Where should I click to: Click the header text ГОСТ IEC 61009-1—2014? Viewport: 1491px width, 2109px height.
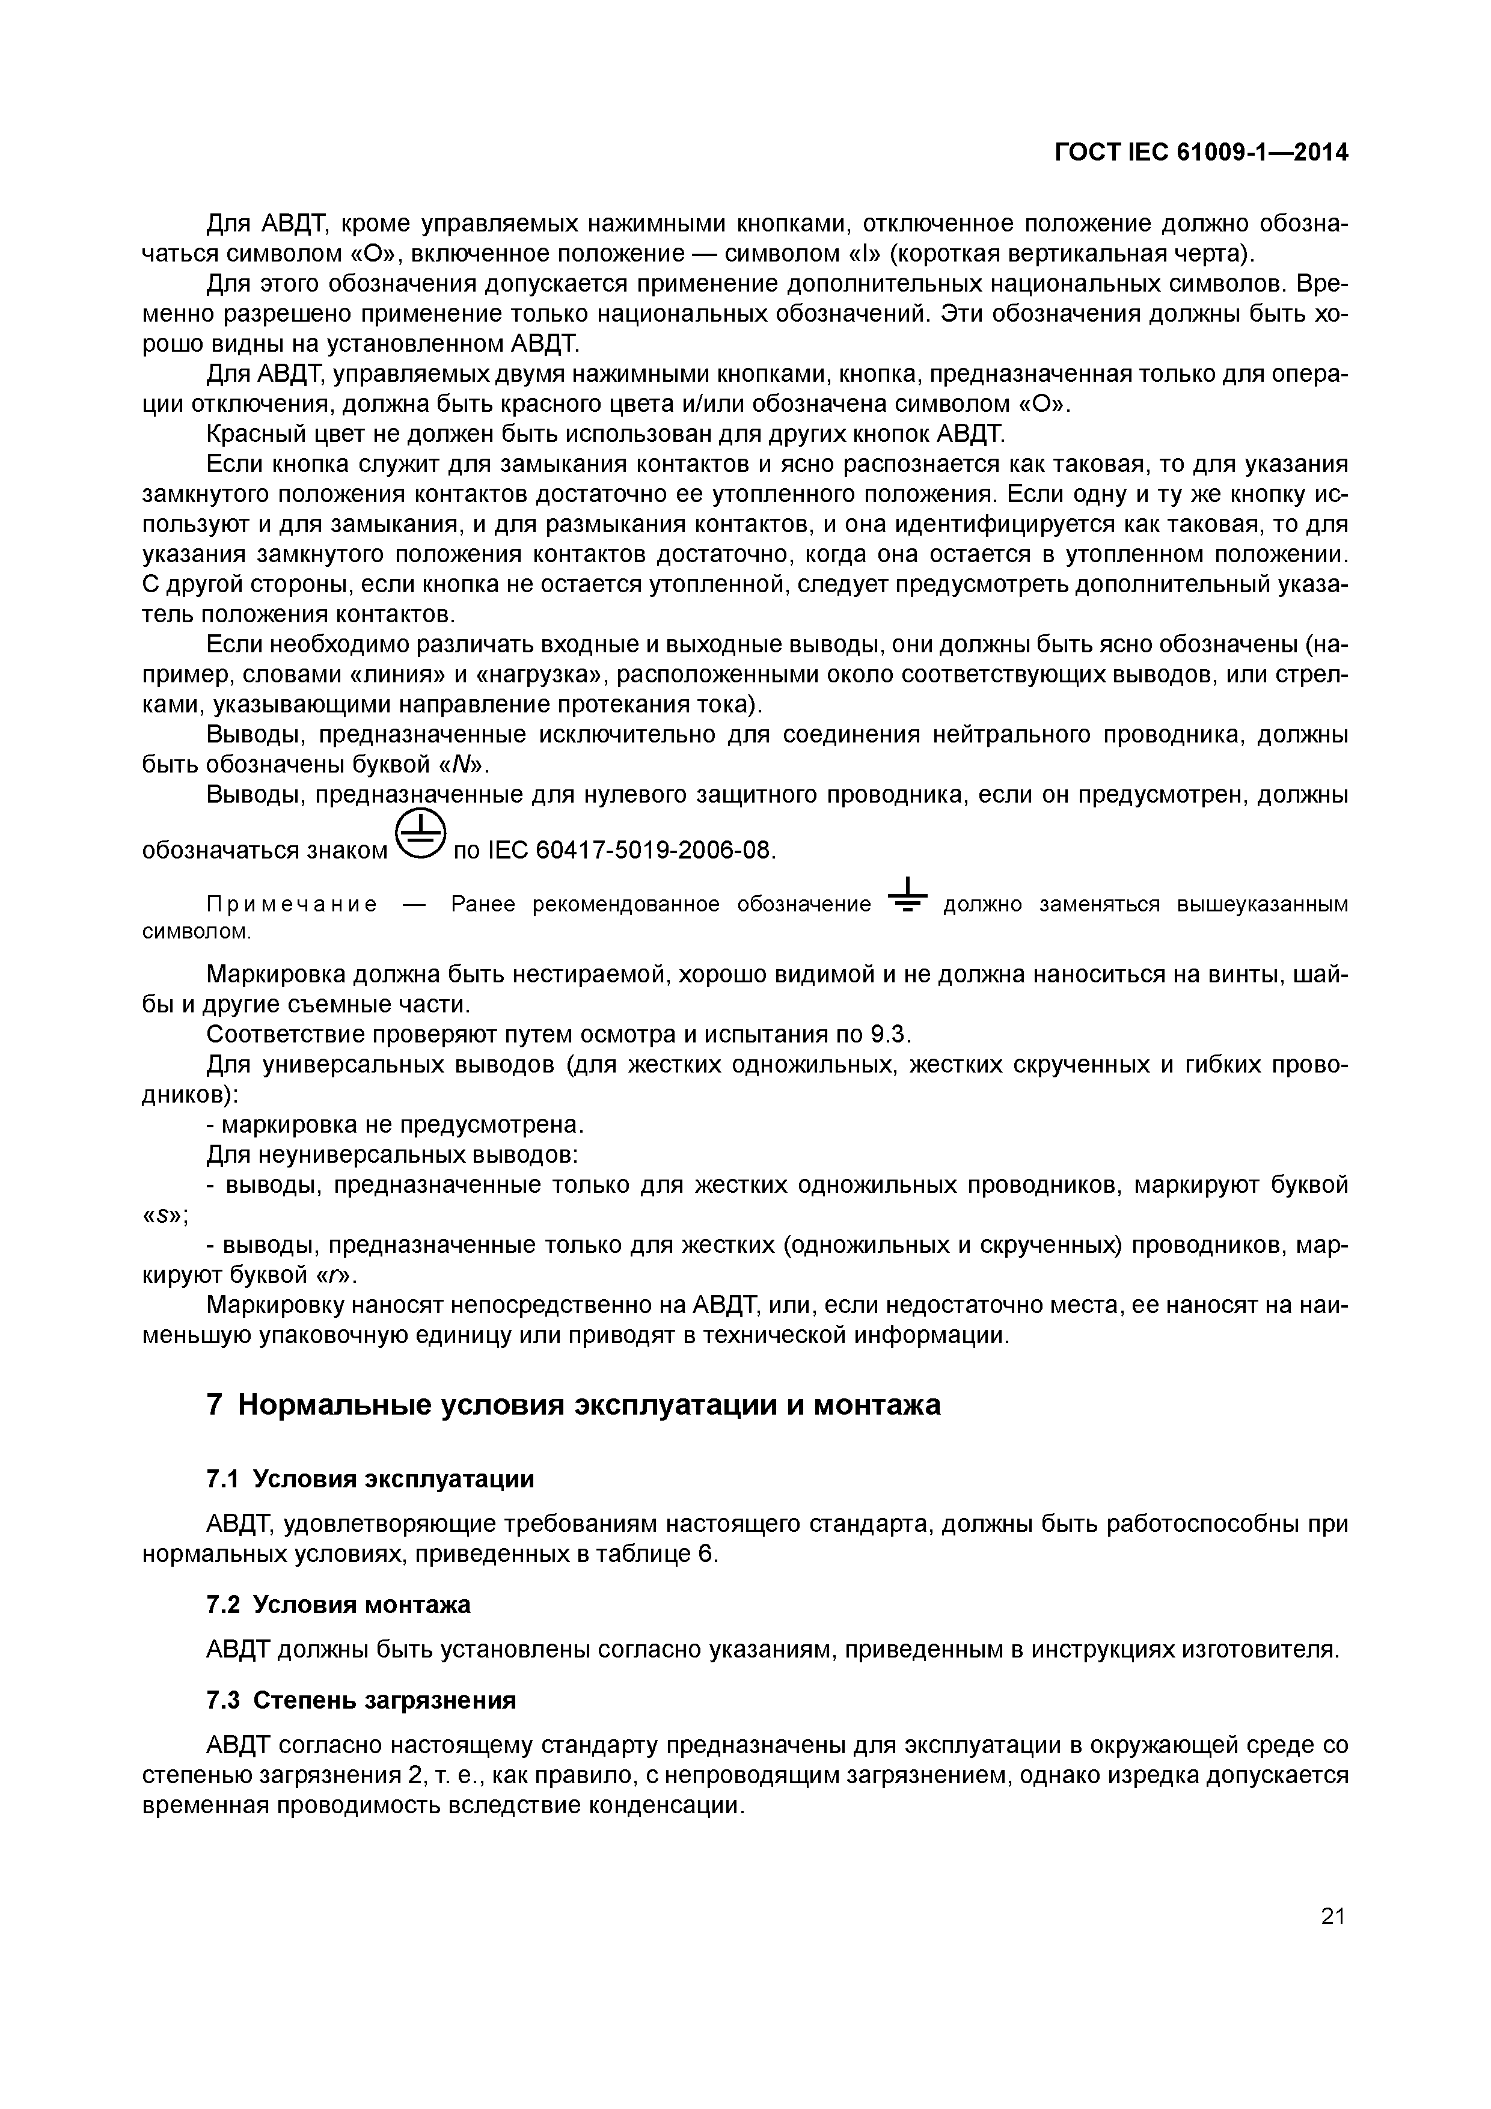click(x=1201, y=153)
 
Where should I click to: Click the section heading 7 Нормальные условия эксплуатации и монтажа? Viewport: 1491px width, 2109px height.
click(x=574, y=1406)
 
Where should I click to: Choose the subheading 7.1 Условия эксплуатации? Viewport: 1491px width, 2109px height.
click(x=370, y=1479)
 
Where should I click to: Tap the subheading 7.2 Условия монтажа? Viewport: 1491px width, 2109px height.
click(x=338, y=1605)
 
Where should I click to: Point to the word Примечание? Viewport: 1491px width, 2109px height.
click(x=291, y=905)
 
